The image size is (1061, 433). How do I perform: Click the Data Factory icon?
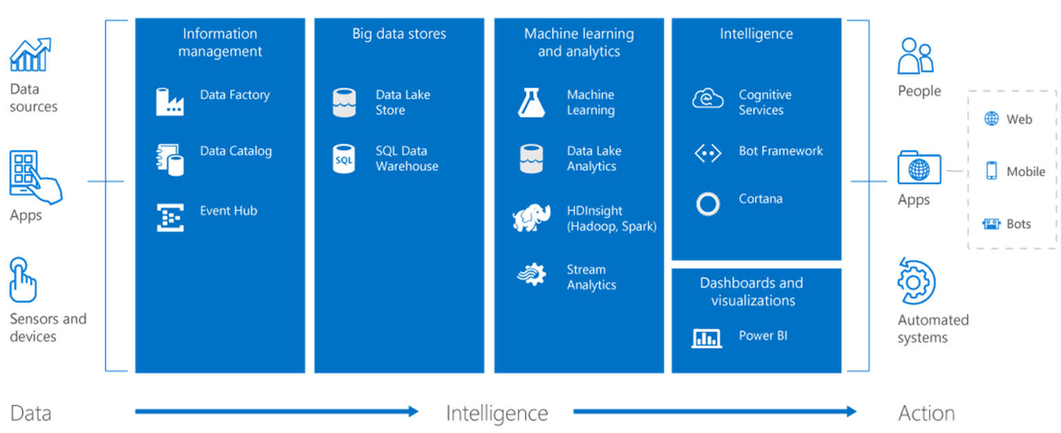click(x=170, y=102)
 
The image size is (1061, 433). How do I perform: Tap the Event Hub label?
click(x=228, y=210)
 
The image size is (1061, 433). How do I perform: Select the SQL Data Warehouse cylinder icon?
click(x=343, y=159)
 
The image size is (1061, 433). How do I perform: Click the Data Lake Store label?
click(x=402, y=102)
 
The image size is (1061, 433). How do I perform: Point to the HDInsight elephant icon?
click(x=532, y=218)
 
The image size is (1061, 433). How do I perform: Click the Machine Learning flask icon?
click(x=532, y=102)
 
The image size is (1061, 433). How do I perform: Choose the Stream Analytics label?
click(x=591, y=277)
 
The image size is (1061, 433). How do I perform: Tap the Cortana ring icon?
click(x=707, y=204)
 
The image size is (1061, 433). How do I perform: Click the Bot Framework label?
click(x=780, y=151)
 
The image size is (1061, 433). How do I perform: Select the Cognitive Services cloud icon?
click(x=707, y=100)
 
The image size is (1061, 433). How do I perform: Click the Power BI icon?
click(x=707, y=337)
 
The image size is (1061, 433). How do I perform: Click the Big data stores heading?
click(x=399, y=34)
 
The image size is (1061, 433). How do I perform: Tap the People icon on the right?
click(x=916, y=56)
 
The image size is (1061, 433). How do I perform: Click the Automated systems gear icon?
click(x=916, y=282)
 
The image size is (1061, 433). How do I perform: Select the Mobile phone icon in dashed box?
click(x=991, y=170)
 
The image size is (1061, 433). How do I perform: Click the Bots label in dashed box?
click(x=1018, y=224)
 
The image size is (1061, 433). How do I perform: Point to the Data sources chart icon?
click(x=30, y=55)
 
